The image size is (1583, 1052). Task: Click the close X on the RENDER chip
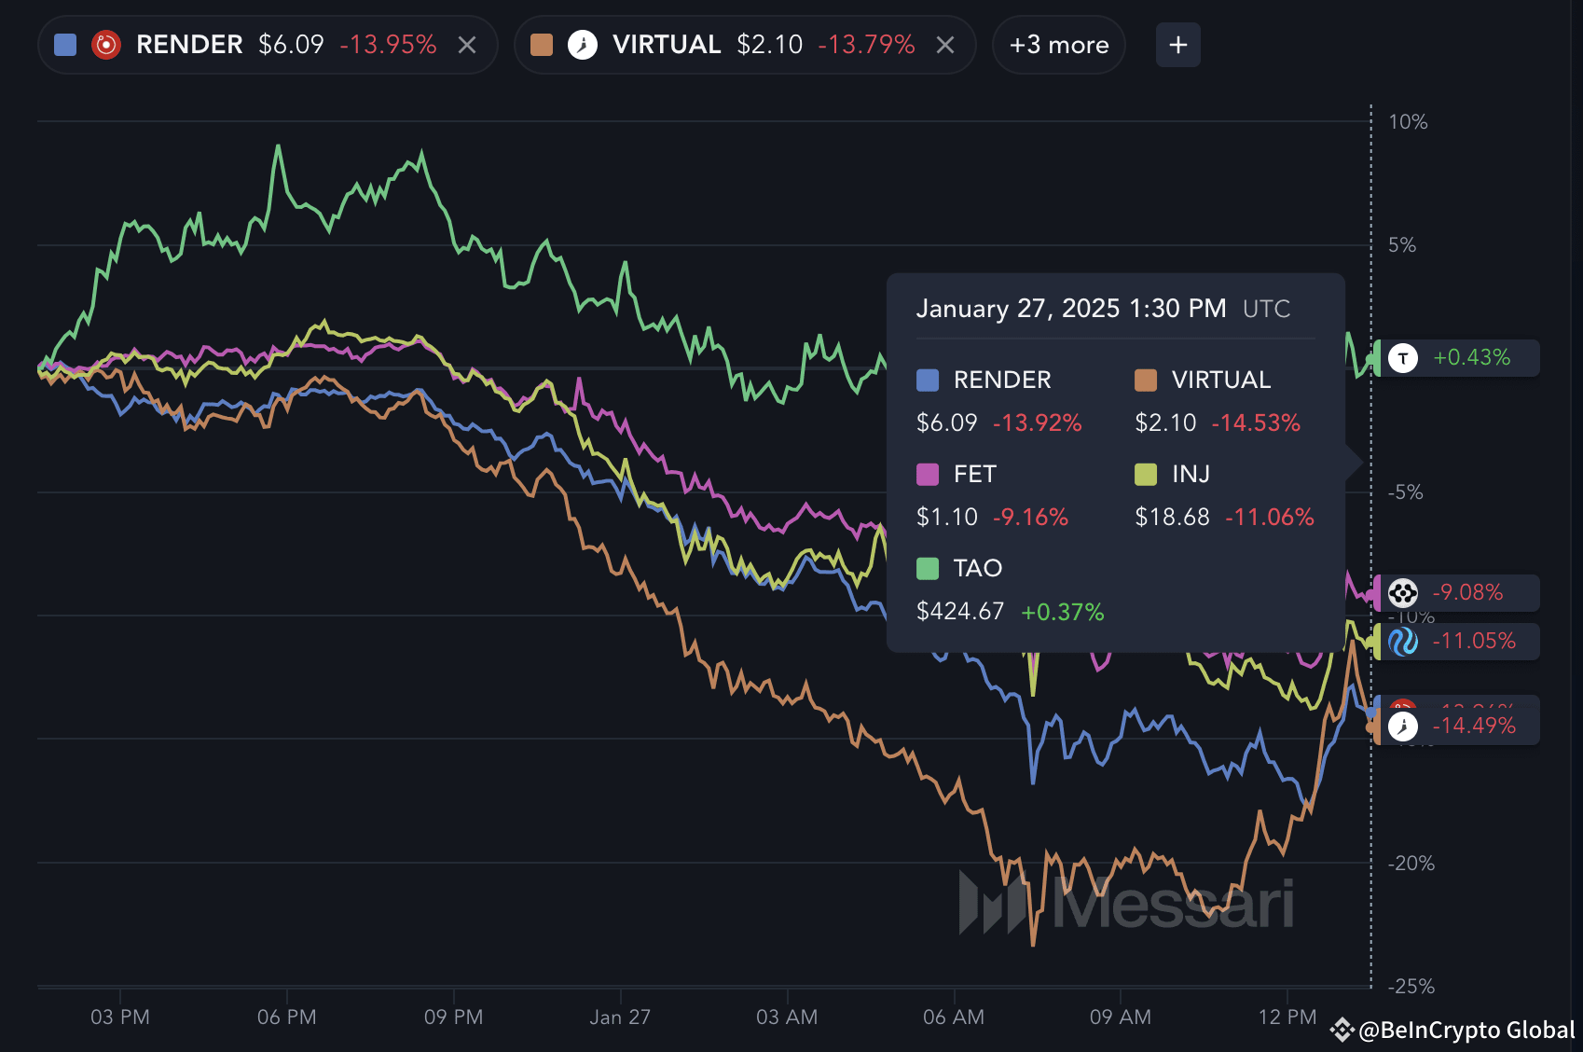click(467, 45)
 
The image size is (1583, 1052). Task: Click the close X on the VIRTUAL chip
click(945, 45)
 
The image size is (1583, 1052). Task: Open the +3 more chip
click(1059, 45)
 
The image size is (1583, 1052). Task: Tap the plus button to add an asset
click(1177, 45)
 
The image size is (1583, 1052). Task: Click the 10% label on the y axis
click(1408, 122)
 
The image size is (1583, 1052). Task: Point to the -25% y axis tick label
click(1411, 986)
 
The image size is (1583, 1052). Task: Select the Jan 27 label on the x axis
click(620, 1017)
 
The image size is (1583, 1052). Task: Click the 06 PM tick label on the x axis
click(287, 1017)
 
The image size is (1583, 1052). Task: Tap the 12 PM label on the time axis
click(1287, 1017)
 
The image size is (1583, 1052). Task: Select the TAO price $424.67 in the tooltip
click(960, 612)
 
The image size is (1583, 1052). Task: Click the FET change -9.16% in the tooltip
click(1030, 518)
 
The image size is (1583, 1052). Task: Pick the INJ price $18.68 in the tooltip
click(1172, 518)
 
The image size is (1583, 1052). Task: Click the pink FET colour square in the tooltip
click(928, 475)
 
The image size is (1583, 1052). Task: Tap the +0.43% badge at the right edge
click(1470, 358)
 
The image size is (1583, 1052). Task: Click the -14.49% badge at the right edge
click(1473, 726)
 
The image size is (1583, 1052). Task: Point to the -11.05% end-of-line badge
click(1473, 641)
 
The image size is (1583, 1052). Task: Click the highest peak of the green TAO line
click(278, 145)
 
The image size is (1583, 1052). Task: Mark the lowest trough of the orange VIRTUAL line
click(1033, 944)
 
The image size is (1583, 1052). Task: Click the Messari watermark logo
click(1126, 903)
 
